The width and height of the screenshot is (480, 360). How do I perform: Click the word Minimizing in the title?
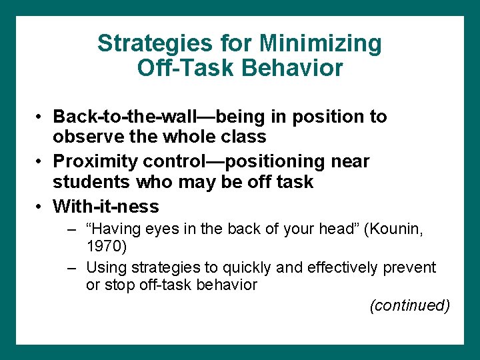coord(321,44)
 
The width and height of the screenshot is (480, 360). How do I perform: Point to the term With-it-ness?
coord(106,206)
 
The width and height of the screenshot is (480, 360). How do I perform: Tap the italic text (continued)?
coord(409,305)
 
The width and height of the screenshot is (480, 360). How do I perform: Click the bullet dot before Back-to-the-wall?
coord(40,117)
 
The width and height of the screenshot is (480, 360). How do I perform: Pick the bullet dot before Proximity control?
coord(40,162)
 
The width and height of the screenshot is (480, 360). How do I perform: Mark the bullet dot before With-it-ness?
coord(40,207)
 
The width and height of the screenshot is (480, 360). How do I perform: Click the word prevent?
coord(410,268)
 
